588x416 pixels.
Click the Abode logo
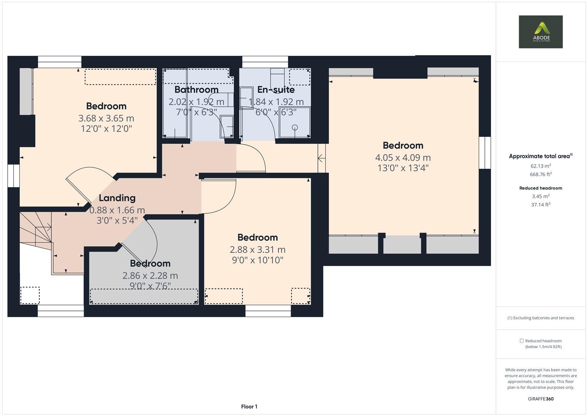[x=540, y=32]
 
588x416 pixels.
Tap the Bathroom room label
[x=196, y=90]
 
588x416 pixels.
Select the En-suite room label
[x=276, y=90]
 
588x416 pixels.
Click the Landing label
[x=117, y=198]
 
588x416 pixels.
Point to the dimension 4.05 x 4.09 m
[x=403, y=158]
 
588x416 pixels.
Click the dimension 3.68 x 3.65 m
[x=106, y=118]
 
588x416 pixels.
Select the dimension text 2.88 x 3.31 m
[x=258, y=250]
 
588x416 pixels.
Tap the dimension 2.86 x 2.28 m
[x=150, y=276]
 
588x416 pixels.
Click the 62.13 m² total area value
[x=541, y=166]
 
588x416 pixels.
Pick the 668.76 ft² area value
[x=541, y=174]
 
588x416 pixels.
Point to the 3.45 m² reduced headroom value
[x=541, y=196]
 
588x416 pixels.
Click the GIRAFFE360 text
[x=541, y=399]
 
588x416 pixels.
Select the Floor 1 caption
[x=249, y=406]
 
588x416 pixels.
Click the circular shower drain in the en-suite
[x=295, y=127]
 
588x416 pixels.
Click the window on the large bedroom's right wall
[x=485, y=153]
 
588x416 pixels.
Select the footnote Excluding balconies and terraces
[x=541, y=318]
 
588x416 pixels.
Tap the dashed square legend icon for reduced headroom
[x=521, y=341]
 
